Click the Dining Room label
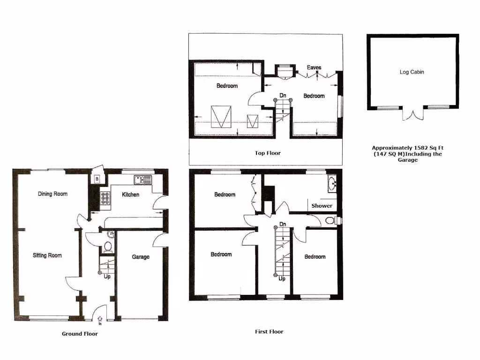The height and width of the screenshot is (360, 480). click(52, 194)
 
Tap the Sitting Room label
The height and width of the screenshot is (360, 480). click(47, 255)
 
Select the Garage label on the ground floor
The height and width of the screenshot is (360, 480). click(141, 257)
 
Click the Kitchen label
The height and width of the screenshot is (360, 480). click(130, 195)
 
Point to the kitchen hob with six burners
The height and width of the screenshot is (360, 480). click(105, 200)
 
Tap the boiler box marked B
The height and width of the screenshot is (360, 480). click(97, 179)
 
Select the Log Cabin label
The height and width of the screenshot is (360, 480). click(412, 72)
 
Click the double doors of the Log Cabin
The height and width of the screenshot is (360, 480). click(412, 114)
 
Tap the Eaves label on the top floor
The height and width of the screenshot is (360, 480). click(314, 67)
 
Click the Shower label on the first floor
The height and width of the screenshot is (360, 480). click(322, 206)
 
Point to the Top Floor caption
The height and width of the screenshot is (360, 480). click(268, 153)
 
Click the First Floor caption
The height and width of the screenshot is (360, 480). click(269, 331)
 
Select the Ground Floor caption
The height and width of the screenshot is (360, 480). click(80, 334)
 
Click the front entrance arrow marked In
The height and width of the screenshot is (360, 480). click(100, 320)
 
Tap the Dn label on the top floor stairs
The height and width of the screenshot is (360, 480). click(283, 96)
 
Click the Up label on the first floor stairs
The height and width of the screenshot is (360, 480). click(282, 278)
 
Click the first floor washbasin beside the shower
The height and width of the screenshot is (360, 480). click(332, 183)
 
